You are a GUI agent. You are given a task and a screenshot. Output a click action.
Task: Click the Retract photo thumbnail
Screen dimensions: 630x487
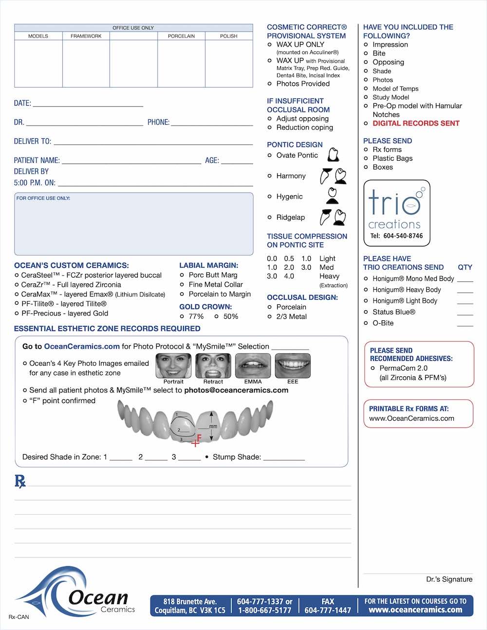click(x=213, y=366)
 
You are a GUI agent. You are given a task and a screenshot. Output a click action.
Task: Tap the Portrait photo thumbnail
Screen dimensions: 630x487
click(x=173, y=366)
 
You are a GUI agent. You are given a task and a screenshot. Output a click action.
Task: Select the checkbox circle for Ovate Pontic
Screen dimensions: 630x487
click(x=270, y=155)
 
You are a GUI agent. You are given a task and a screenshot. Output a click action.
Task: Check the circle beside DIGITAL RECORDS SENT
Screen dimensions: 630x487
click(x=366, y=124)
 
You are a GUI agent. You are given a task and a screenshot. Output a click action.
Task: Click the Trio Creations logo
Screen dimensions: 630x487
click(x=396, y=213)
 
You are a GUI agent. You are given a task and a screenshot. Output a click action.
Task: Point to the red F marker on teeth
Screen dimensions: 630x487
click(x=197, y=441)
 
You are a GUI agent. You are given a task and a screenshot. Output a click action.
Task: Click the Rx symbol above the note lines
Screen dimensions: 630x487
click(x=20, y=482)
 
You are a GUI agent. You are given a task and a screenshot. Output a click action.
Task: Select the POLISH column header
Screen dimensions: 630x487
click(x=228, y=36)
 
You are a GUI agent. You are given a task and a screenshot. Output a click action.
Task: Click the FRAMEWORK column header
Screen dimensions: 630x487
click(x=86, y=36)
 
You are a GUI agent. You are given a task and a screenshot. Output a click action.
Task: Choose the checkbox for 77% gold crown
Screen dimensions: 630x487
click(x=182, y=316)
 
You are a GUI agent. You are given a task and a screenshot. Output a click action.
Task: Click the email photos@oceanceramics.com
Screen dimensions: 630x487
click(x=236, y=390)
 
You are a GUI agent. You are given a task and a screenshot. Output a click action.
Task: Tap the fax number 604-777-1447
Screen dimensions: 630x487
click(x=328, y=611)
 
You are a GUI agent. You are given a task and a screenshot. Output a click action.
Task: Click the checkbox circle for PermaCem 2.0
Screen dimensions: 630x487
click(x=373, y=369)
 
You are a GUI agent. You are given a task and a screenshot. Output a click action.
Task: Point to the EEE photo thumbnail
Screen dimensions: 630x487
click(x=293, y=366)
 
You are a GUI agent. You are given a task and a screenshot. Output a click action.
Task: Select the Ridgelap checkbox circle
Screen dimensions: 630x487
click(x=270, y=218)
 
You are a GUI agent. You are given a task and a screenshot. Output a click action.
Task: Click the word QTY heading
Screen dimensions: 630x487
click(x=465, y=267)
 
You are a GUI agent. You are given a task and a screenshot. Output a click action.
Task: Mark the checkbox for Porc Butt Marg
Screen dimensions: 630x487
click(x=182, y=275)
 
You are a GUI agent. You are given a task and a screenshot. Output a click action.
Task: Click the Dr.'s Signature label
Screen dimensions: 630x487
click(x=449, y=579)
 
